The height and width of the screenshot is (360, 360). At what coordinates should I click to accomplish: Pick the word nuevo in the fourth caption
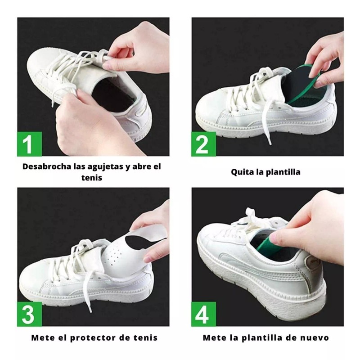(314, 337)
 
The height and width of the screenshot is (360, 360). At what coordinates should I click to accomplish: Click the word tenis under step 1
(92, 178)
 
